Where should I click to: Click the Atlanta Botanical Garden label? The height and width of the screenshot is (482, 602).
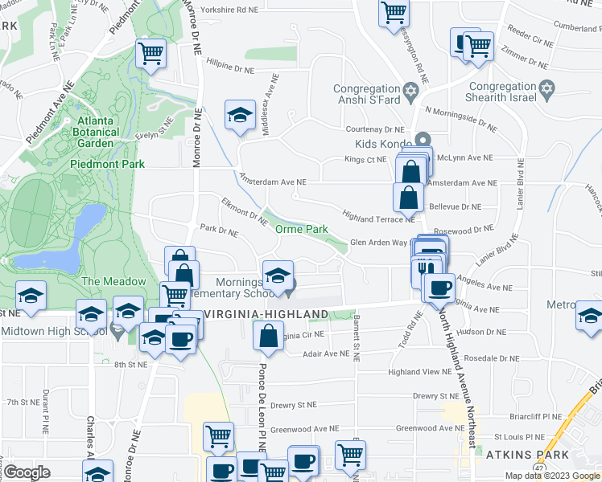(96, 129)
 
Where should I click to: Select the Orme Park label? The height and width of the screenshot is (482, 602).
(302, 229)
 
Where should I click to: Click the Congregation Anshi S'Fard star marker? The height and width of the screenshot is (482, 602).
(410, 89)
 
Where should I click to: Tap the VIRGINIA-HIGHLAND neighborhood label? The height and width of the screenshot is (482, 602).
(266, 313)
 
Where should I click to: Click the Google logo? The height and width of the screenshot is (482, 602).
(27, 472)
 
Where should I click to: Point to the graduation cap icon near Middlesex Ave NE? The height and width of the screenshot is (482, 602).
(240, 116)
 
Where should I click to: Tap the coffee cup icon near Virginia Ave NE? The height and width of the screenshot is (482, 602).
(440, 288)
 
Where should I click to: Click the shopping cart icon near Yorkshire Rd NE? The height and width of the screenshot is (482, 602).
(394, 11)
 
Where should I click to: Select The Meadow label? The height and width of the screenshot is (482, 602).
(113, 281)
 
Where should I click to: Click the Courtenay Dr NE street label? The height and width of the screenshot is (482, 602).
(374, 129)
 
